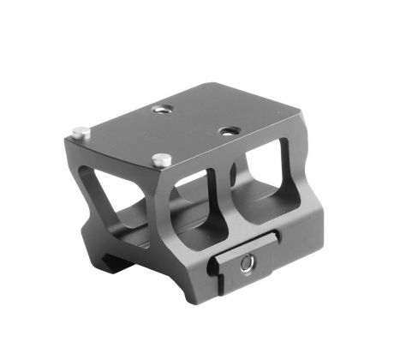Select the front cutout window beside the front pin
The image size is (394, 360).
195,207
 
